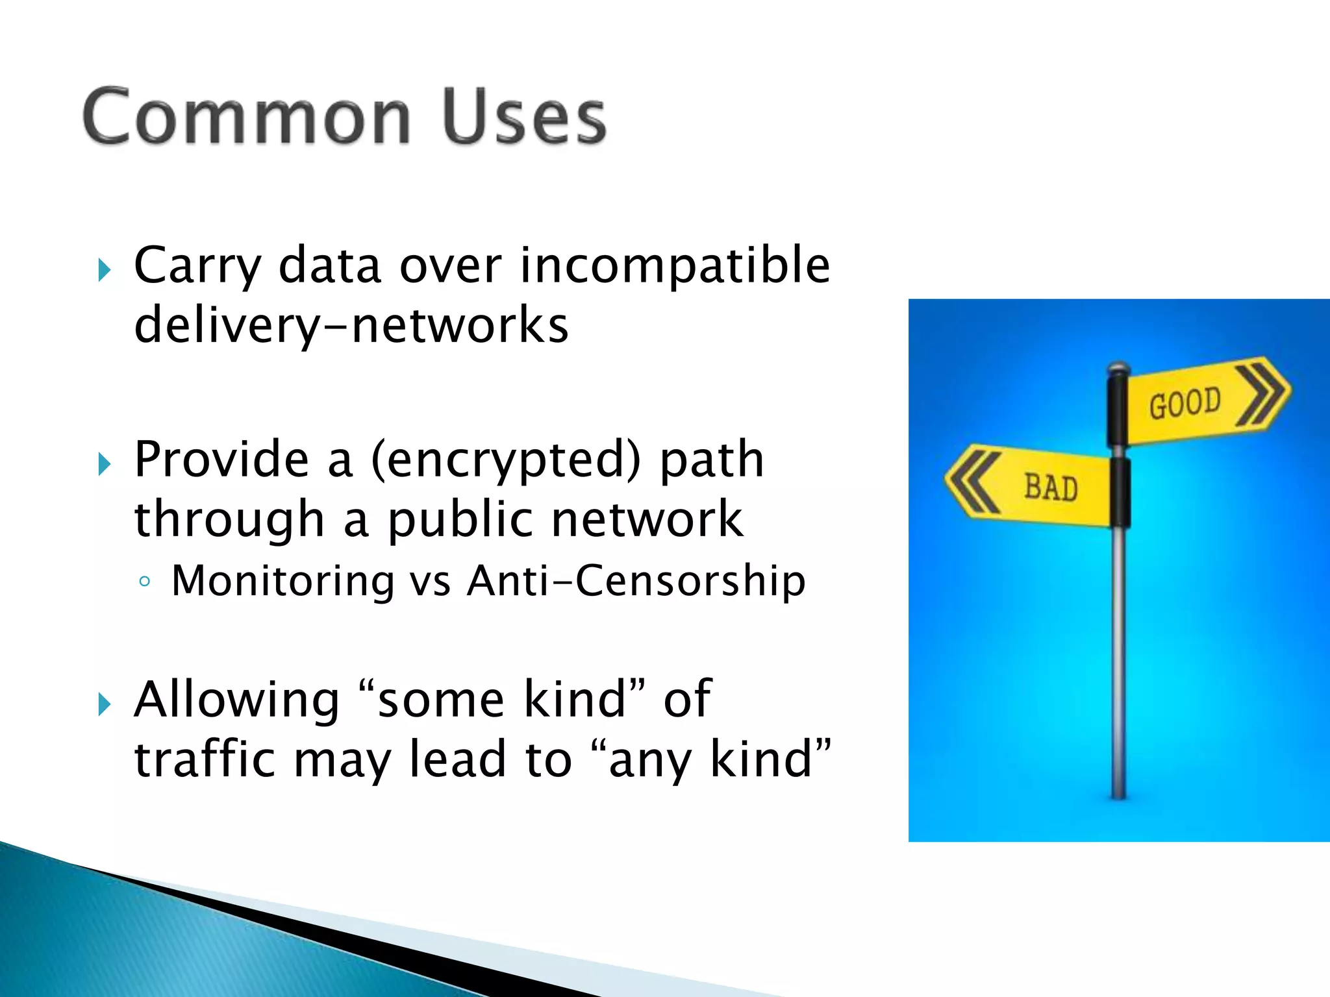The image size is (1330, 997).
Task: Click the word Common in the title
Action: coord(245,117)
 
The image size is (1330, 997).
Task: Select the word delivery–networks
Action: coord(351,326)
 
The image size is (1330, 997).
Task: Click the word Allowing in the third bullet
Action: coord(236,700)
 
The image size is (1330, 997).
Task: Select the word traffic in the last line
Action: coord(205,759)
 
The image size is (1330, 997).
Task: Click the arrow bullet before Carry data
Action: coord(105,269)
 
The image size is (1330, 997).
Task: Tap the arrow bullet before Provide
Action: coord(105,464)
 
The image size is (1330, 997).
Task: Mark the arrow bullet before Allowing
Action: coord(105,704)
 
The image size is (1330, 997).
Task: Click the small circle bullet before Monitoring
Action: coord(145,582)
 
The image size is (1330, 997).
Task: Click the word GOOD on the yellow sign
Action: coord(1185,404)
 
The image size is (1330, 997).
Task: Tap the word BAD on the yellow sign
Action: coord(1051,488)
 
